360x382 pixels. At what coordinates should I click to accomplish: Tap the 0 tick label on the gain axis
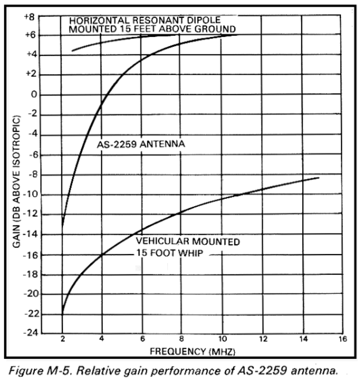click(x=33, y=95)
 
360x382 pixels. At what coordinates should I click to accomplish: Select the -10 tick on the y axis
click(x=30, y=195)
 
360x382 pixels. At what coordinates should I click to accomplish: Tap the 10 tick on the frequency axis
click(x=222, y=339)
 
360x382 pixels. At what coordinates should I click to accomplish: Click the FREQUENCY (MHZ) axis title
click(x=192, y=351)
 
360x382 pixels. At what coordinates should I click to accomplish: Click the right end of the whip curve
click(x=319, y=178)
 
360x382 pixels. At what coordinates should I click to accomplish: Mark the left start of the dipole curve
click(x=72, y=51)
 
